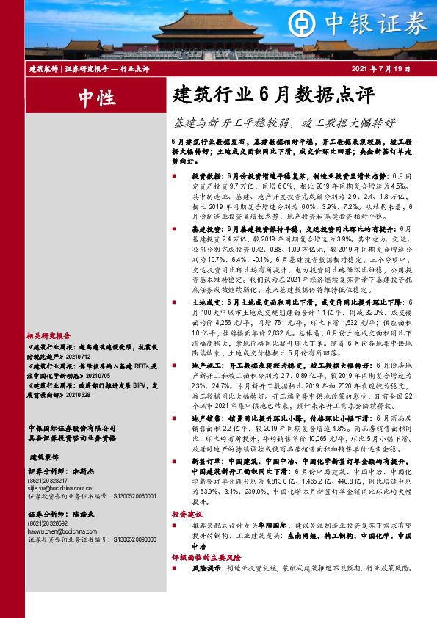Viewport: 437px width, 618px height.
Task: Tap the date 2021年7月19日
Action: pos(385,68)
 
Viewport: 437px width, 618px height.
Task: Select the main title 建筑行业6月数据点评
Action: pos(273,95)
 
